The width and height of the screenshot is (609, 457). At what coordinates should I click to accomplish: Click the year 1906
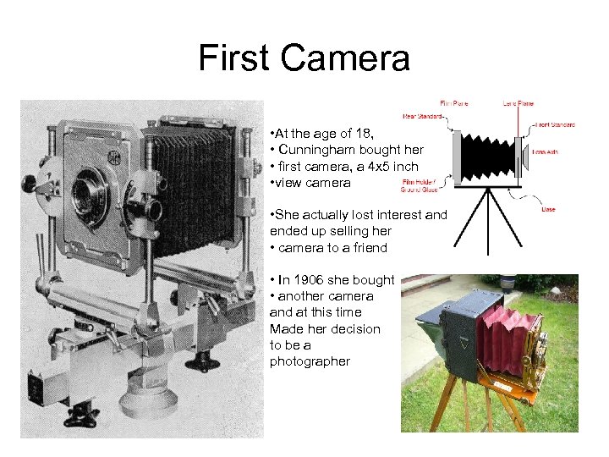(306, 280)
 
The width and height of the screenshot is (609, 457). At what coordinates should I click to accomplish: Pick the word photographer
(309, 361)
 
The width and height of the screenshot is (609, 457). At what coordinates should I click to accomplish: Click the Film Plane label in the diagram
(453, 104)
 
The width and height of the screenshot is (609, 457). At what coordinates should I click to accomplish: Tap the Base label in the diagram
(549, 209)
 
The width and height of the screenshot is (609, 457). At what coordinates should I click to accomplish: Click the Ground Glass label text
(418, 190)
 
